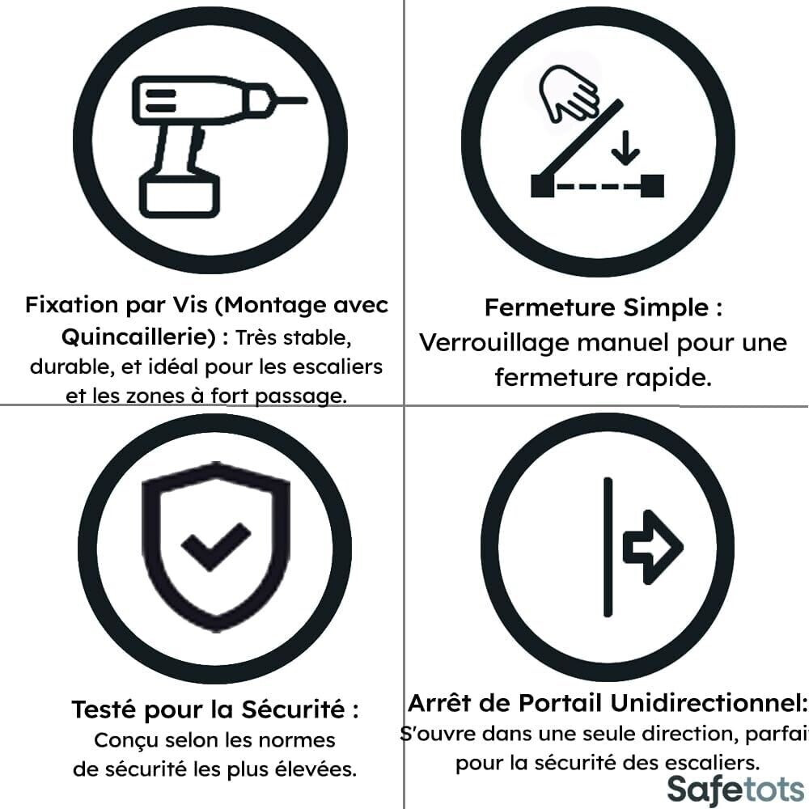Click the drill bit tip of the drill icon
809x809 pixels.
click(x=307, y=100)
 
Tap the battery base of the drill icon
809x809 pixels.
click(x=180, y=196)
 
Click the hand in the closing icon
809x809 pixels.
click(x=568, y=93)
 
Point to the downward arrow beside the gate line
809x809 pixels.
click(x=625, y=148)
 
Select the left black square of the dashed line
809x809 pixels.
click(x=542, y=186)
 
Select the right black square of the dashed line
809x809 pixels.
click(x=652, y=186)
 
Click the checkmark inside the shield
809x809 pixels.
click(x=216, y=546)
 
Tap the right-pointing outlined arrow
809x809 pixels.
click(x=653, y=547)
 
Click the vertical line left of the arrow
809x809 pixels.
click(x=608, y=547)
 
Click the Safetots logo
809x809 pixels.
click(x=735, y=790)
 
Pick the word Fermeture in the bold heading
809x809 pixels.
click(x=549, y=307)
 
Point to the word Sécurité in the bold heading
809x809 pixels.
click(x=293, y=709)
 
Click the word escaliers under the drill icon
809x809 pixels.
click(x=337, y=366)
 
